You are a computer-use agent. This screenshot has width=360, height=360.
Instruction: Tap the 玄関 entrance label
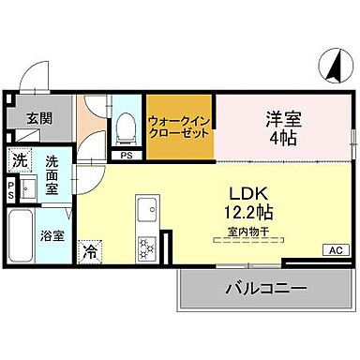coord(38,118)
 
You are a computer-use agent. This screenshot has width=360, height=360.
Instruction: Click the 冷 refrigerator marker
coord(90,250)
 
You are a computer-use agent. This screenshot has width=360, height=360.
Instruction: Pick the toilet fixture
coord(125,129)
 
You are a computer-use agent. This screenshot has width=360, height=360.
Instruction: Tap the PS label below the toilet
coord(126,156)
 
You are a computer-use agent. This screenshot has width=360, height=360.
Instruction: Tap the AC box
coord(334,249)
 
